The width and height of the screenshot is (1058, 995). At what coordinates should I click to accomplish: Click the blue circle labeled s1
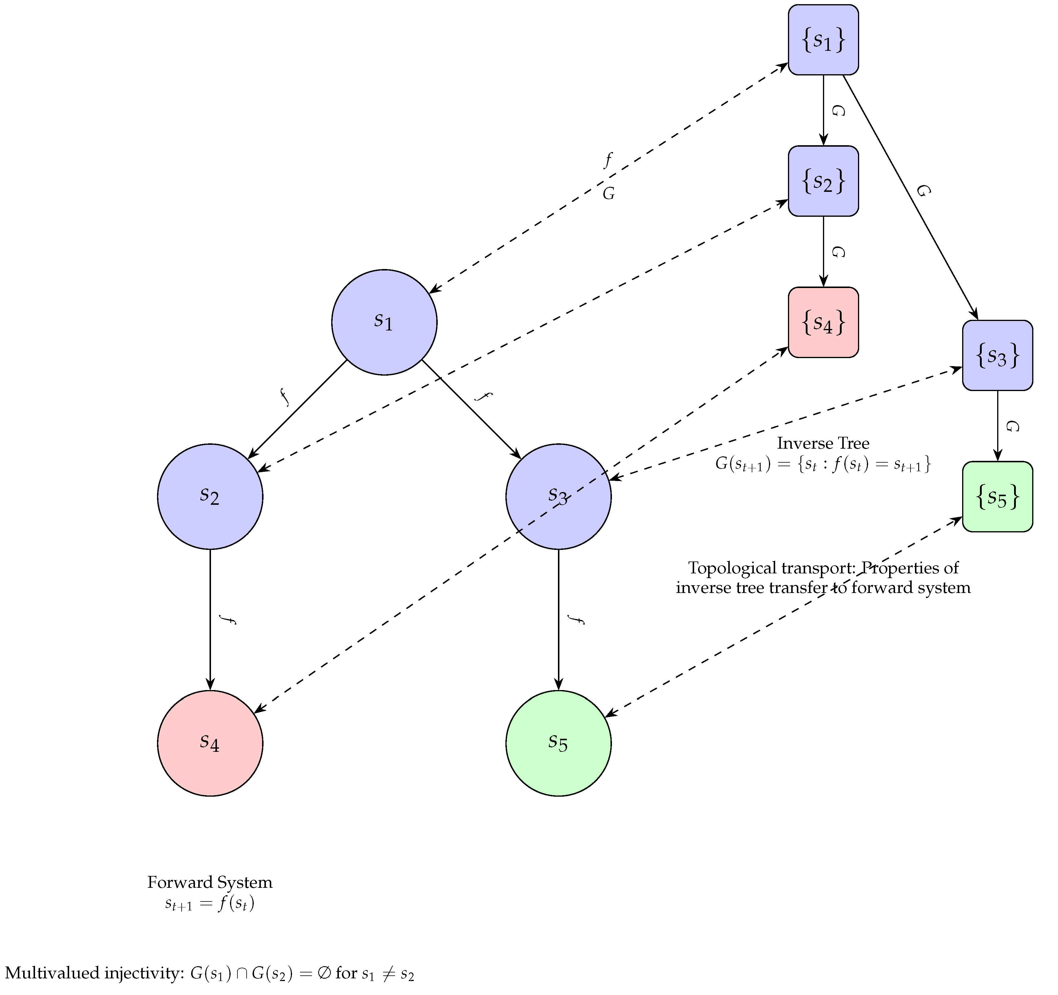coord(384,322)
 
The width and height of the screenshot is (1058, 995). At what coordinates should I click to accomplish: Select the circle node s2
coord(210,496)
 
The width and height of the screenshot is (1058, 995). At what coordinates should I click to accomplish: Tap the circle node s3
coord(558,496)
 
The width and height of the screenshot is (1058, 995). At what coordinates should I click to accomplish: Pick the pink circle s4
coord(210,743)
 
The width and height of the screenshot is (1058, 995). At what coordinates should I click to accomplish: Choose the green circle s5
coord(558,743)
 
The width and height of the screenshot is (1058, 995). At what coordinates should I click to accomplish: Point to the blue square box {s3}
coord(997,355)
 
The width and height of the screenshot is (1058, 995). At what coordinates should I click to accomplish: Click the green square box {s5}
coord(997,496)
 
